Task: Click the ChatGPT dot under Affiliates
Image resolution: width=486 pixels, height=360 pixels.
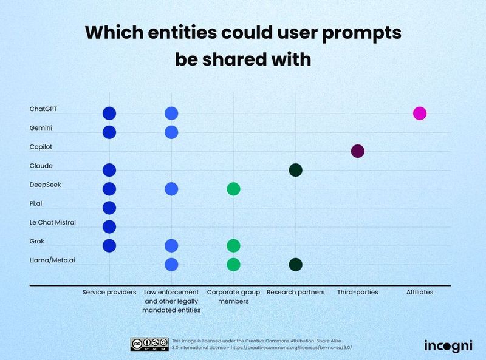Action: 419,113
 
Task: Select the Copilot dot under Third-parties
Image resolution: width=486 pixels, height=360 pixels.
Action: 357,151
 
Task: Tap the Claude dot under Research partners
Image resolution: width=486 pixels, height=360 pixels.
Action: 295,170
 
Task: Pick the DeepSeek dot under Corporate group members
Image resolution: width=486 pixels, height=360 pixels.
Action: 233,189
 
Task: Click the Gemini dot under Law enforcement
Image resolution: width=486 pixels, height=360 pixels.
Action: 171,132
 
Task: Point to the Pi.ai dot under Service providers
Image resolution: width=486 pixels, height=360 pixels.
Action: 109,208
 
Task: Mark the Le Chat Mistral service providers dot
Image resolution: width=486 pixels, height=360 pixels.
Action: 109,226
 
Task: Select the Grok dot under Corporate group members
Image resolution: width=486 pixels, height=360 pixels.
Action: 233,245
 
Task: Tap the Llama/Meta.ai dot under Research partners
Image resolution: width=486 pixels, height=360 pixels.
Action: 295,264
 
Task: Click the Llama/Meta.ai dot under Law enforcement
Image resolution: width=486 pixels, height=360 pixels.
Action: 171,264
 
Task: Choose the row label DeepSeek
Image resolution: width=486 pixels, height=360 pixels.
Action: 45,185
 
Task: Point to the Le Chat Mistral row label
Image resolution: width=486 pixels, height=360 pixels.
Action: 53,222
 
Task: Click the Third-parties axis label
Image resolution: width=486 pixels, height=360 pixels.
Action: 357,292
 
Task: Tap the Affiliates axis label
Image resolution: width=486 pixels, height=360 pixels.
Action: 419,292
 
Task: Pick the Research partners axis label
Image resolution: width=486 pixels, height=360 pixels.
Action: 295,292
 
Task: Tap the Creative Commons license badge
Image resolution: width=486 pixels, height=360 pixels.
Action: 149,344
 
